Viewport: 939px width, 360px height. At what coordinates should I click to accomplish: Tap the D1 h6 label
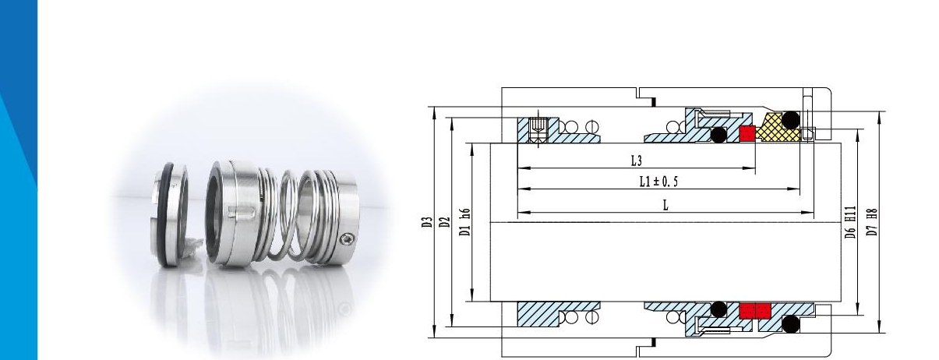point(465,222)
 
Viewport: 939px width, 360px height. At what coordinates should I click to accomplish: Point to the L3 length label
point(637,161)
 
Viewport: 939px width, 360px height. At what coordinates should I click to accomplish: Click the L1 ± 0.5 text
point(658,182)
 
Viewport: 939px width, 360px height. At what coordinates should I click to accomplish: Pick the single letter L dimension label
point(665,206)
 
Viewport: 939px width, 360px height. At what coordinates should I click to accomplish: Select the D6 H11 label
point(849,222)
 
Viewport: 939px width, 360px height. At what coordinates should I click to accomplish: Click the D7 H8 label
point(872,222)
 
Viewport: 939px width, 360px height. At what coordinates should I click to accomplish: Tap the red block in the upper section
point(747,134)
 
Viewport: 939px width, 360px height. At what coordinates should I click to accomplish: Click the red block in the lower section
point(755,311)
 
